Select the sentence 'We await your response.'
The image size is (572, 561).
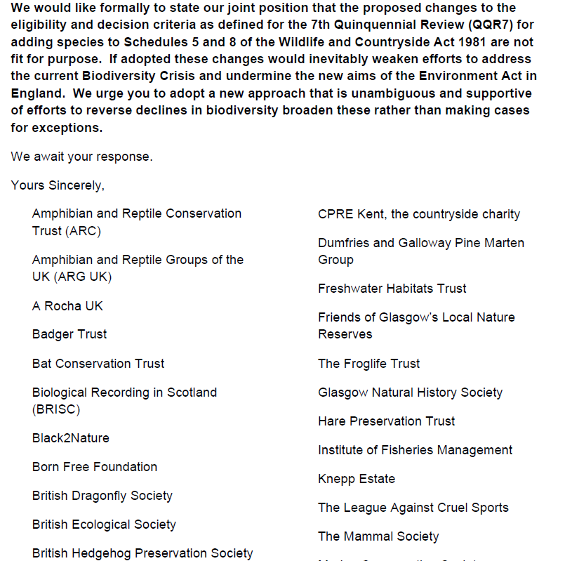(81, 157)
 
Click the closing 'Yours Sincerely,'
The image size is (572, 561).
(58, 185)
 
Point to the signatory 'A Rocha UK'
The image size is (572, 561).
(67, 306)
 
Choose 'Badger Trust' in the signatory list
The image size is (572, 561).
(69, 335)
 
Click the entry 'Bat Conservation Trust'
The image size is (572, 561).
(98, 364)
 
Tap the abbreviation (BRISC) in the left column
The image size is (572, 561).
(56, 409)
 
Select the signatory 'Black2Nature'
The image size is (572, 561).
(71, 438)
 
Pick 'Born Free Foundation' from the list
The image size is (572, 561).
(95, 467)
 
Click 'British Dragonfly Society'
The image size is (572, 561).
(102, 496)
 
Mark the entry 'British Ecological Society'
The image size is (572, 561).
(104, 524)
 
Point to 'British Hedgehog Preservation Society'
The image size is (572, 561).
(142, 553)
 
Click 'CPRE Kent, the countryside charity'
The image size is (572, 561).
(419, 214)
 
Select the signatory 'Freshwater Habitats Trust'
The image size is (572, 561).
(392, 289)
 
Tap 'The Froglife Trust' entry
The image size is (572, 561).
(369, 364)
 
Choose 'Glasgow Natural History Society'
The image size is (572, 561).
(411, 392)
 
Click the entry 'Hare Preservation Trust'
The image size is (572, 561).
(387, 421)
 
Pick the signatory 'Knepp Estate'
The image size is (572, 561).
(357, 479)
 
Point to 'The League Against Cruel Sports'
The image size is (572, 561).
(413, 508)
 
